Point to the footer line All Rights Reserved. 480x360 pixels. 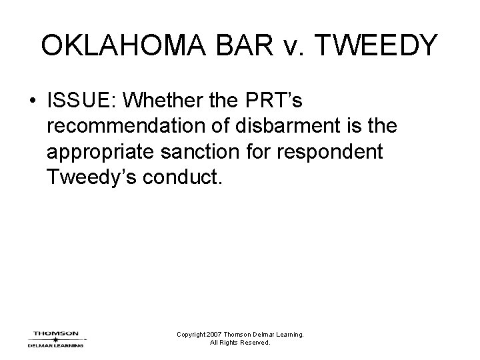click(x=240, y=343)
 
